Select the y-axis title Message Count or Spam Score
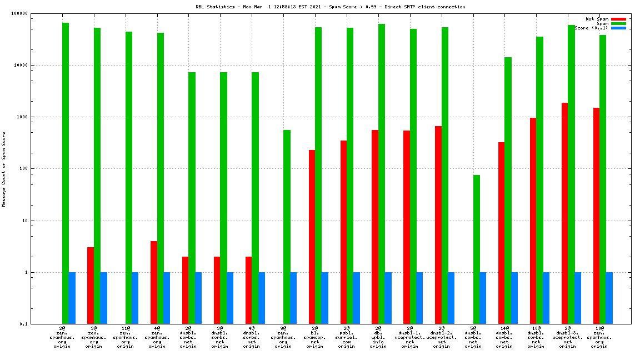coord(4,169)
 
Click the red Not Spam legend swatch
coord(618,19)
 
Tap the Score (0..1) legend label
coord(591,28)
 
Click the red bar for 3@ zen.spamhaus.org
coord(91,285)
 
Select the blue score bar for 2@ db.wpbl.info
coord(388,298)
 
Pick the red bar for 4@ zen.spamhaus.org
coord(154,282)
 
